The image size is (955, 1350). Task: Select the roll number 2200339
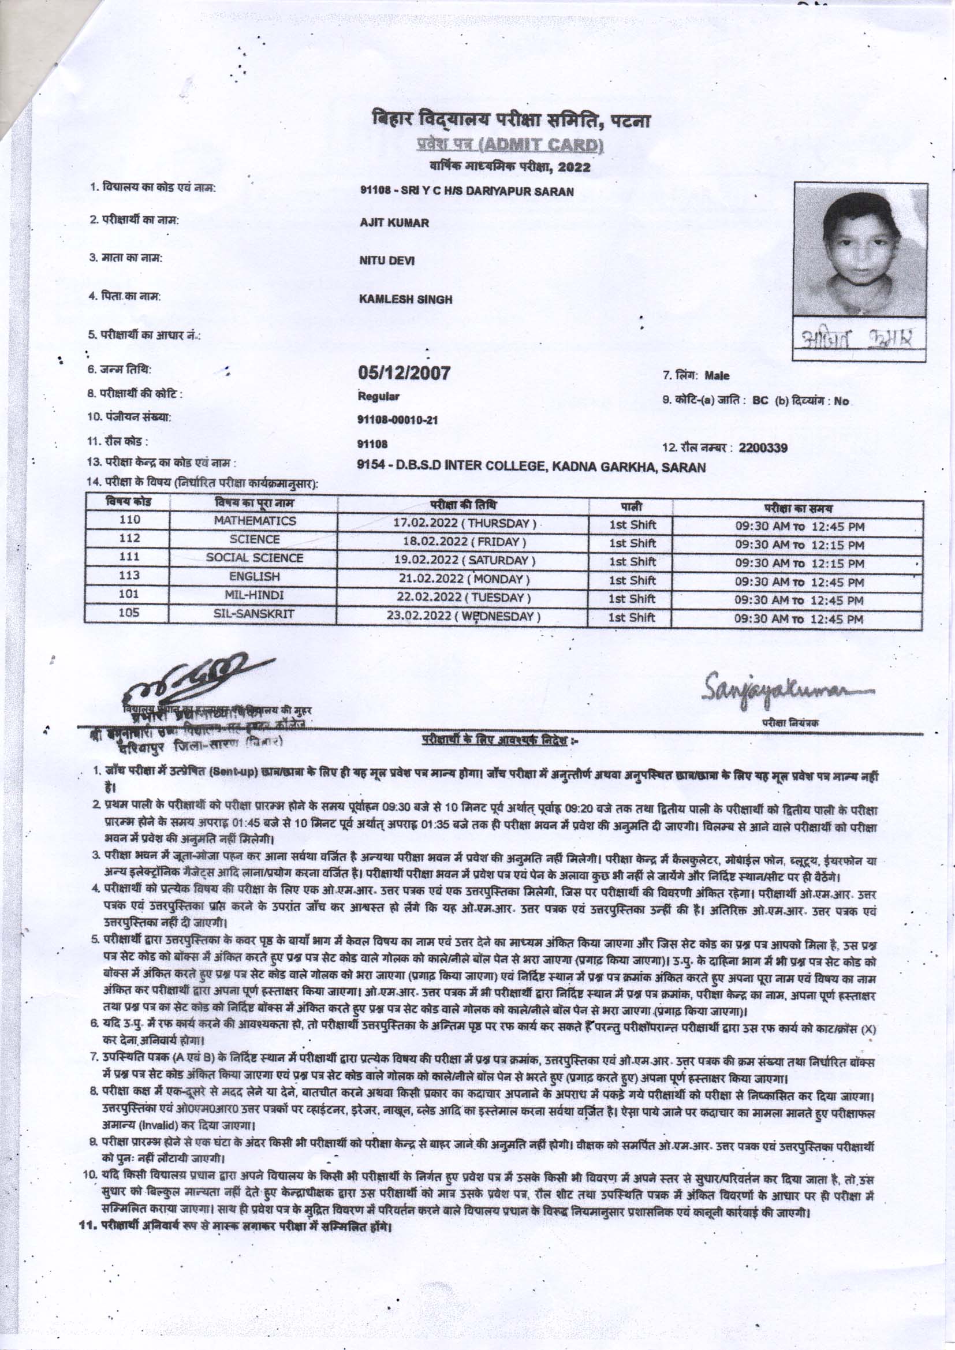(x=763, y=448)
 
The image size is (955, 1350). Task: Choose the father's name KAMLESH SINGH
(x=406, y=299)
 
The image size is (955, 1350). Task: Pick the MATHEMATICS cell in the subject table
(x=255, y=521)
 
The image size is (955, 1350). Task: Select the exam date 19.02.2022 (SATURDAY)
(x=464, y=558)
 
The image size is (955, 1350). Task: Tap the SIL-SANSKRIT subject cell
(x=255, y=614)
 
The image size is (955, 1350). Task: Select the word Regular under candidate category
(x=379, y=396)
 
